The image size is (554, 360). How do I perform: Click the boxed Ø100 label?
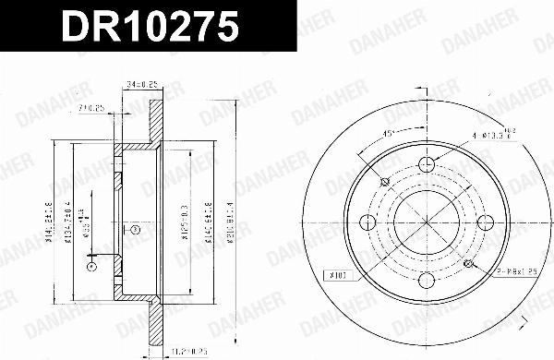pyautogui.click(x=336, y=274)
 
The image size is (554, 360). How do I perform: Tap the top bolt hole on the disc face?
pyautogui.click(x=428, y=165)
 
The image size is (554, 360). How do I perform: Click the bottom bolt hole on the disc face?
pyautogui.click(x=428, y=282)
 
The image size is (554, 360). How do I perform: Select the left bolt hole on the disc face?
pyautogui.click(x=368, y=223)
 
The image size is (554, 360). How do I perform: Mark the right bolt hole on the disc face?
pyautogui.click(x=487, y=223)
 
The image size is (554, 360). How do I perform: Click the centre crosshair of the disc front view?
pyautogui.click(x=428, y=223)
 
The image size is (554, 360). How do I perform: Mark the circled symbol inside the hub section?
pyautogui.click(x=133, y=229)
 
